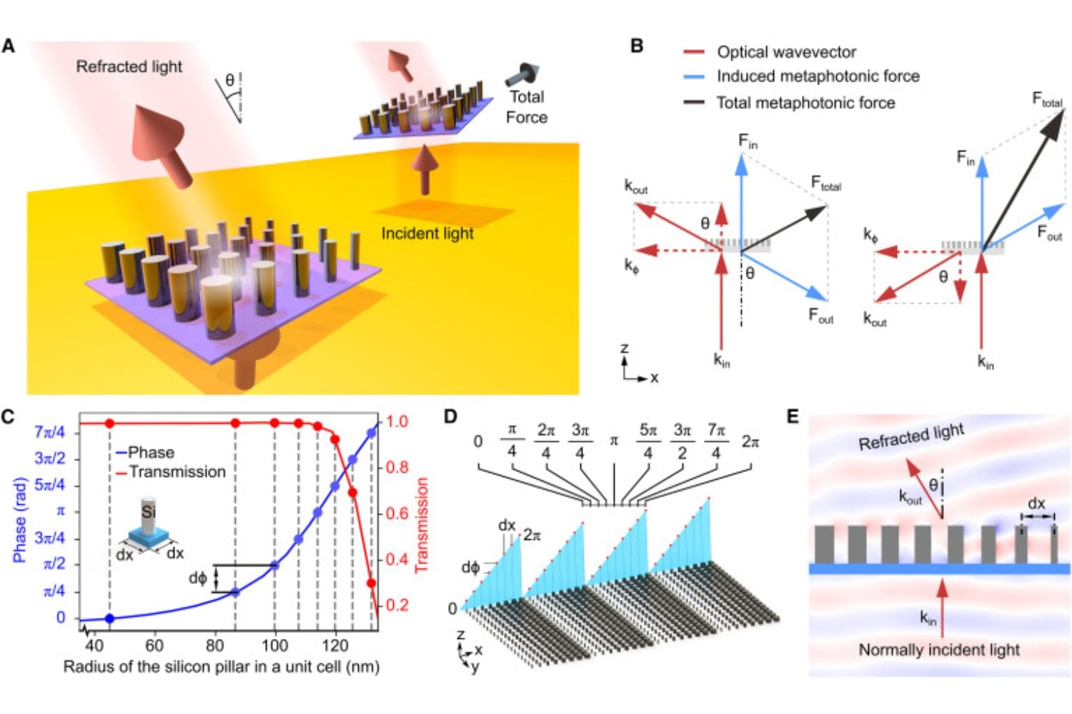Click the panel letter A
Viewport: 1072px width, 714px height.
(x=9, y=46)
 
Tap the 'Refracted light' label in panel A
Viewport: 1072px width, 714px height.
(x=129, y=66)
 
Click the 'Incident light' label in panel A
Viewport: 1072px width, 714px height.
(x=427, y=233)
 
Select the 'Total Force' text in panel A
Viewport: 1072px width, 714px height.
(x=527, y=107)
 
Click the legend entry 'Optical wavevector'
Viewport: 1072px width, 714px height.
(x=786, y=52)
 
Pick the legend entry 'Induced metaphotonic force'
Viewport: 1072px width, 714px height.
(x=818, y=76)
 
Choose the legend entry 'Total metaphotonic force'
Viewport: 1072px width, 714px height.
(x=805, y=103)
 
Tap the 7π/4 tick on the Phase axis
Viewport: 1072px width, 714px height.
(x=49, y=432)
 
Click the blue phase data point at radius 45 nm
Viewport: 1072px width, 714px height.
(x=109, y=618)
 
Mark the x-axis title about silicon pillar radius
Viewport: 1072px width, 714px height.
(x=221, y=667)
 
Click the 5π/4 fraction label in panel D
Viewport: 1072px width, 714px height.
(x=647, y=441)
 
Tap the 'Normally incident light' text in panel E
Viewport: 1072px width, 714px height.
(x=938, y=650)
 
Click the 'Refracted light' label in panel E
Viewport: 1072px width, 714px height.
(x=910, y=436)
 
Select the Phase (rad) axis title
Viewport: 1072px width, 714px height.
(x=19, y=520)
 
